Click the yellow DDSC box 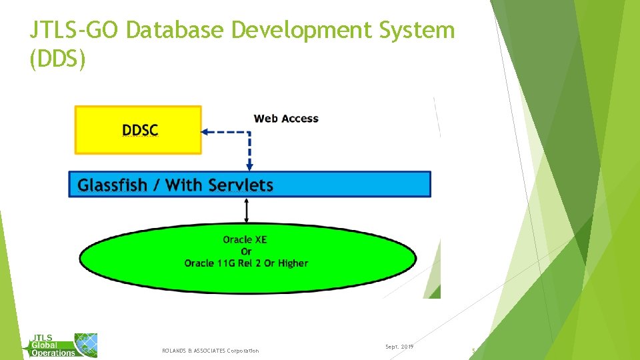pos(138,130)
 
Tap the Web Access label pos(286,119)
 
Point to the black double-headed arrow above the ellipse pos(247,211)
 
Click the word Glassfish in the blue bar pos(112,185)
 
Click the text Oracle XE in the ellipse pos(245,239)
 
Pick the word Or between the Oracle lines pos(246,251)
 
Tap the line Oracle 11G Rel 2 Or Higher pos(246,263)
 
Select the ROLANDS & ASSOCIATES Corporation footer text pos(210,351)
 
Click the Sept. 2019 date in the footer pos(399,347)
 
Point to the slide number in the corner pos(473,350)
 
